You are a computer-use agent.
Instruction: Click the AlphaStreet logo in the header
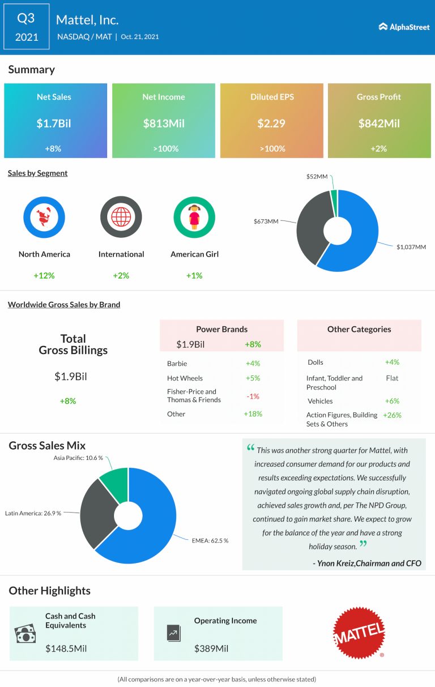(x=404, y=27)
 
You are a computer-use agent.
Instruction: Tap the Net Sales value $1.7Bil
(x=55, y=123)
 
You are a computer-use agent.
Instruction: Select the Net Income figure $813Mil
(x=163, y=123)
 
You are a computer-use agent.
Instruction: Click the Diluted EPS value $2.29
(x=271, y=123)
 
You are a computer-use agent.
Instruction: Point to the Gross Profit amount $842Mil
(x=379, y=123)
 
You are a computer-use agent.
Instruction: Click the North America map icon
(x=44, y=217)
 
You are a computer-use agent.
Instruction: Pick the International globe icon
(x=121, y=217)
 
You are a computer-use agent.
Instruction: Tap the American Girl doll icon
(x=194, y=217)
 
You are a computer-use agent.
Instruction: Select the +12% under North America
(x=44, y=275)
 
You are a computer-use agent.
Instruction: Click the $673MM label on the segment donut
(x=266, y=221)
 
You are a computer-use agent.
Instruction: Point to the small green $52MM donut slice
(x=334, y=196)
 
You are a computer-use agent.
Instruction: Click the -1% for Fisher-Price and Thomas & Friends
(x=253, y=396)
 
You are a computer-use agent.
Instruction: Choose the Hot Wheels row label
(x=185, y=378)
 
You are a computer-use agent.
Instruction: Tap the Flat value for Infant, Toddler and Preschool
(x=392, y=378)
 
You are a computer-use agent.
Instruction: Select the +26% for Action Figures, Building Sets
(x=392, y=415)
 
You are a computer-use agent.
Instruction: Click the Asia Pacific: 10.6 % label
(x=79, y=458)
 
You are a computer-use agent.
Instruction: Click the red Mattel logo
(x=359, y=633)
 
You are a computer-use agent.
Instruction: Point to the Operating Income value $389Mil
(x=211, y=648)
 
